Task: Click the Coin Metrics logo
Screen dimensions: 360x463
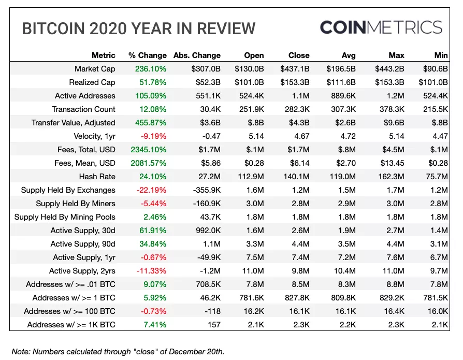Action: click(381, 27)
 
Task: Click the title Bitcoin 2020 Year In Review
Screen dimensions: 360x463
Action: click(139, 28)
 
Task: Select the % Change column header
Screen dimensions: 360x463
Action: click(148, 55)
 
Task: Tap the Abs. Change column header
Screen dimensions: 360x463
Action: click(197, 55)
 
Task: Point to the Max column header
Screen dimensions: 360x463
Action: click(396, 55)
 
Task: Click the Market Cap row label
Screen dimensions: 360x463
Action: click(95, 69)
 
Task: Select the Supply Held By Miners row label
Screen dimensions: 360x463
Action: click(76, 204)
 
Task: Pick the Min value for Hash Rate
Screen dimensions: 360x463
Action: click(437, 177)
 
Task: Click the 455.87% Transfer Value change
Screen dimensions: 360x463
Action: click(150, 123)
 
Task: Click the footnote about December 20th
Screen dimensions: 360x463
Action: click(118, 351)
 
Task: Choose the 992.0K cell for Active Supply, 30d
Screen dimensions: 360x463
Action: click(207, 231)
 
